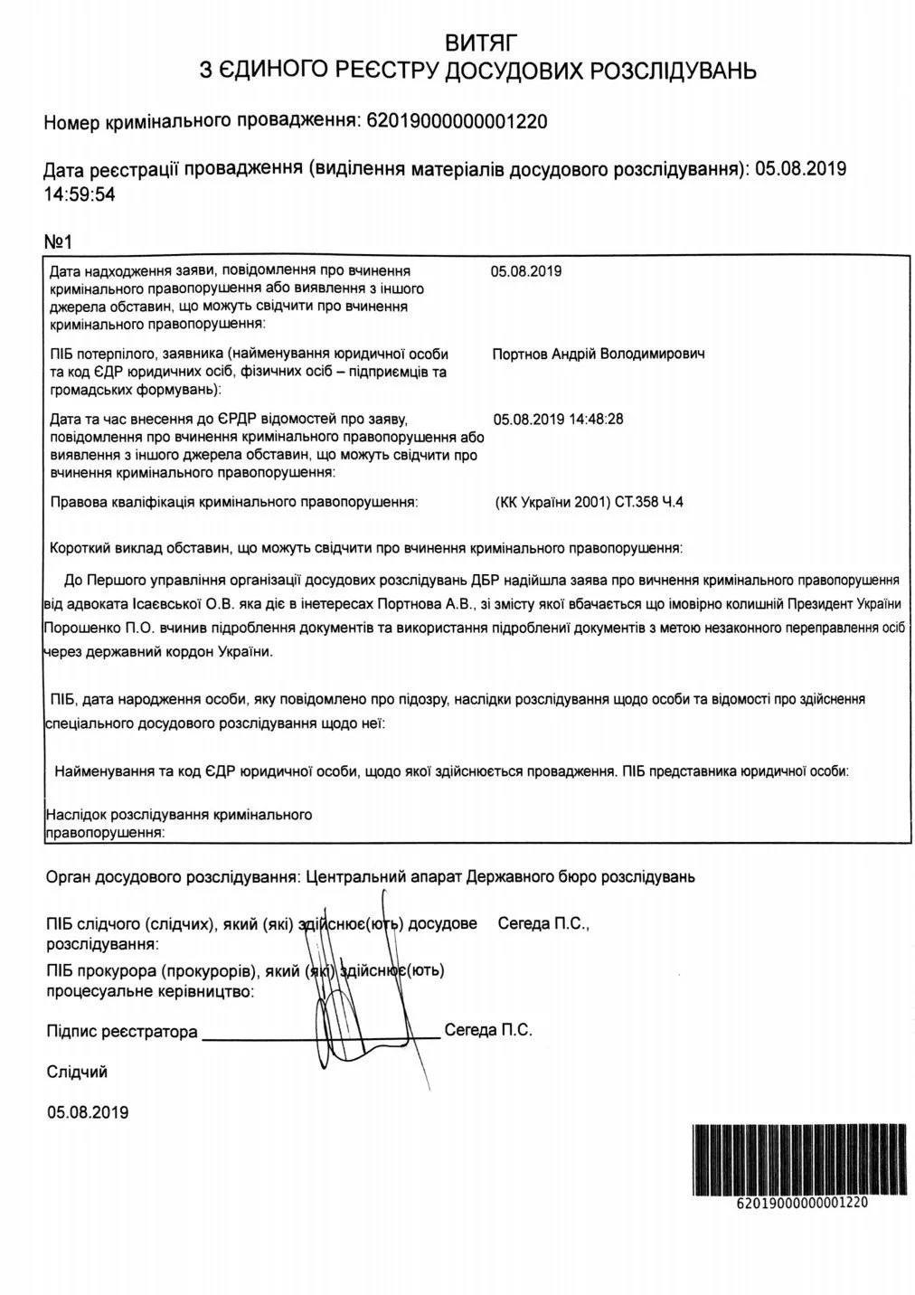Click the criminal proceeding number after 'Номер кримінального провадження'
(x=457, y=121)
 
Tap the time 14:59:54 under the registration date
(x=80, y=194)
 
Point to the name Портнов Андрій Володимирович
(x=598, y=354)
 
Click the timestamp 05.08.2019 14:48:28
(x=558, y=420)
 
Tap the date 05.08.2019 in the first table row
(x=526, y=270)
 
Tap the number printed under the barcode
(x=802, y=1203)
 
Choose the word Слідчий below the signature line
(x=77, y=1073)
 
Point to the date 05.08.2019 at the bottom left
(x=87, y=1112)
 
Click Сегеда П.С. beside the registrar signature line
(x=488, y=1030)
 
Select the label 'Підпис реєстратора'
(x=121, y=1032)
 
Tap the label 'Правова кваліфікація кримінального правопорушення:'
(x=234, y=502)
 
